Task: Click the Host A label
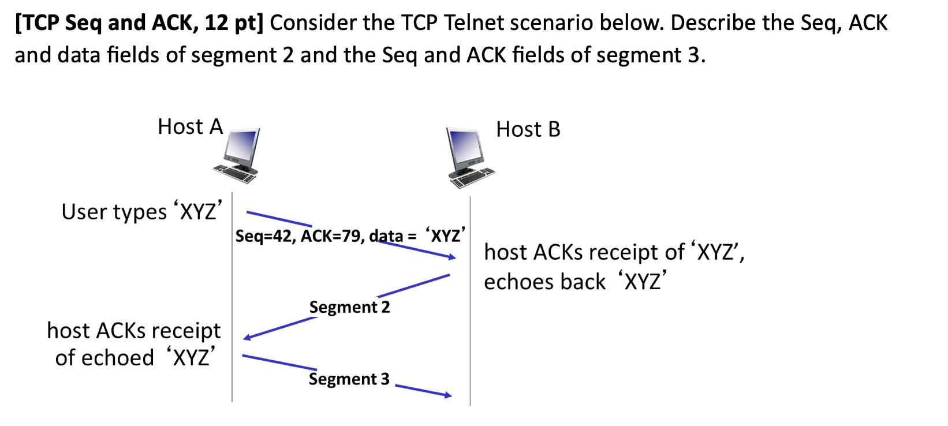click(190, 127)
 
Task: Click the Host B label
click(528, 129)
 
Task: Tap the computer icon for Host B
click(469, 158)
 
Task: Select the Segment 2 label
click(349, 307)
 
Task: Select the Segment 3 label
click(349, 379)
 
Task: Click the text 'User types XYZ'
click(141, 212)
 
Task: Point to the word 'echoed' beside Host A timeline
click(122, 358)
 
